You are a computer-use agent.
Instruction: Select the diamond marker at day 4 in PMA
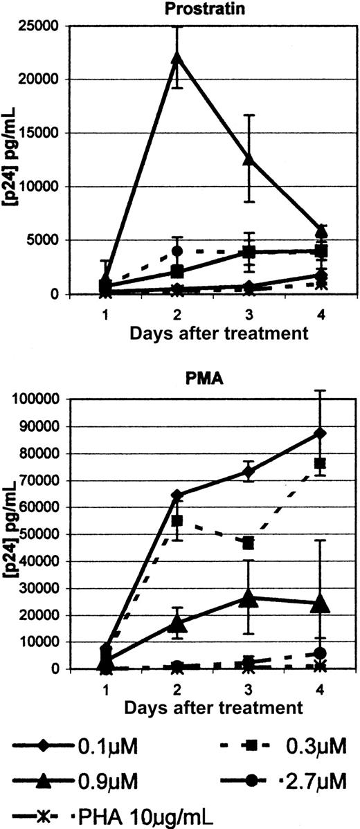(x=321, y=433)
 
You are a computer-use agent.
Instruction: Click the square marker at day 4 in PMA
(x=321, y=463)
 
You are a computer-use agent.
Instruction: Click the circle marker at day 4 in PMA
(x=321, y=653)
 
